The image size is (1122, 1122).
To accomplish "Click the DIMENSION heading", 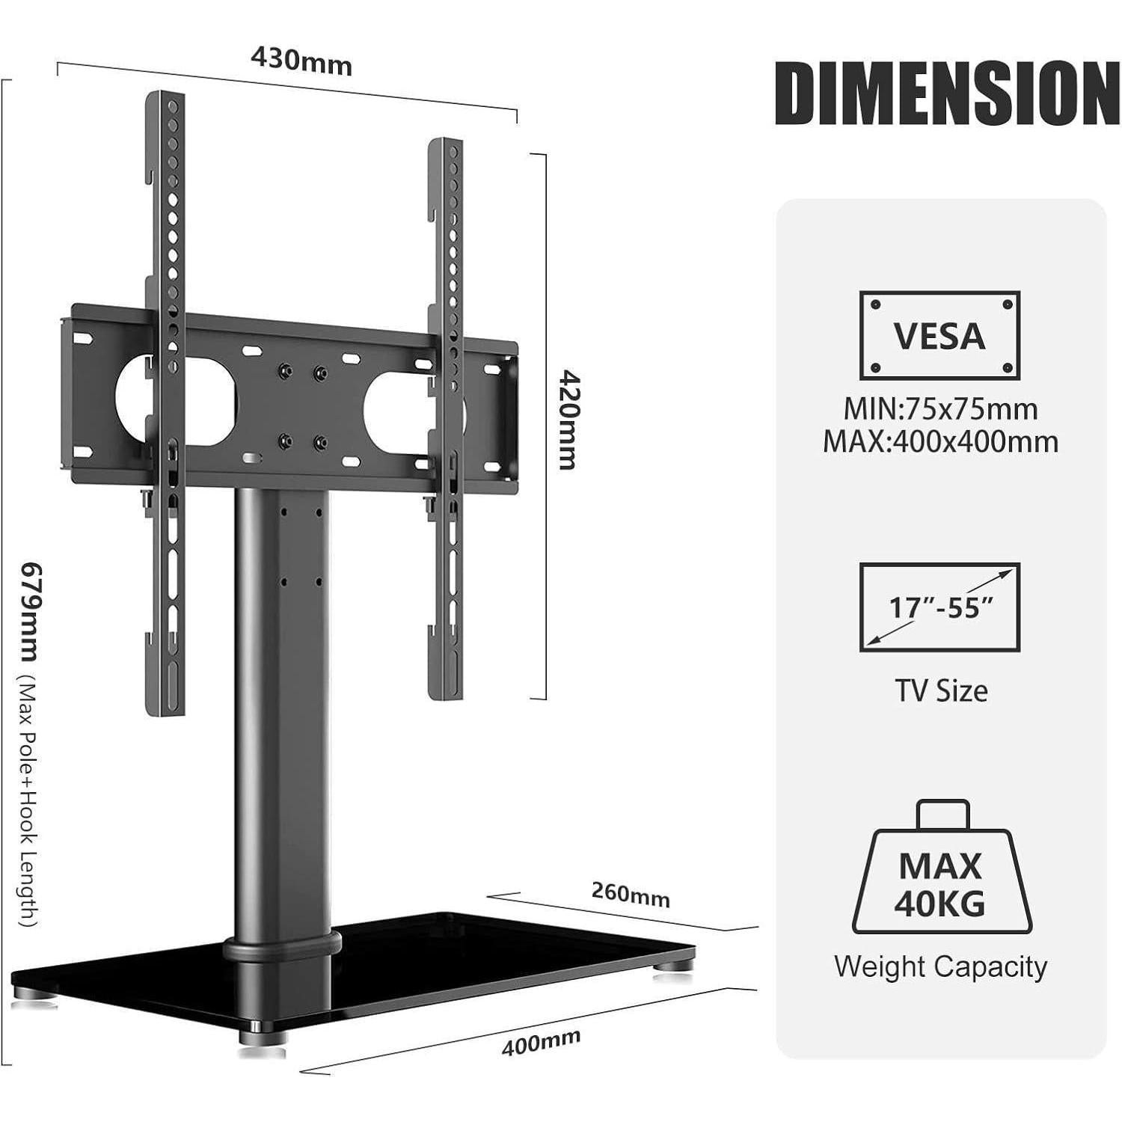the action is click(947, 94).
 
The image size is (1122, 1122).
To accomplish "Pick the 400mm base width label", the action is click(540, 1042).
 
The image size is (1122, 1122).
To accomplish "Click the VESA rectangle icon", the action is click(939, 335).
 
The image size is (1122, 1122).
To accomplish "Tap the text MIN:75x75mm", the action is click(940, 409).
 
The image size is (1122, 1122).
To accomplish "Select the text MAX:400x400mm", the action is click(940, 442).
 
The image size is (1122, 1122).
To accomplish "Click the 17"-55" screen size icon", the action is click(939, 607).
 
